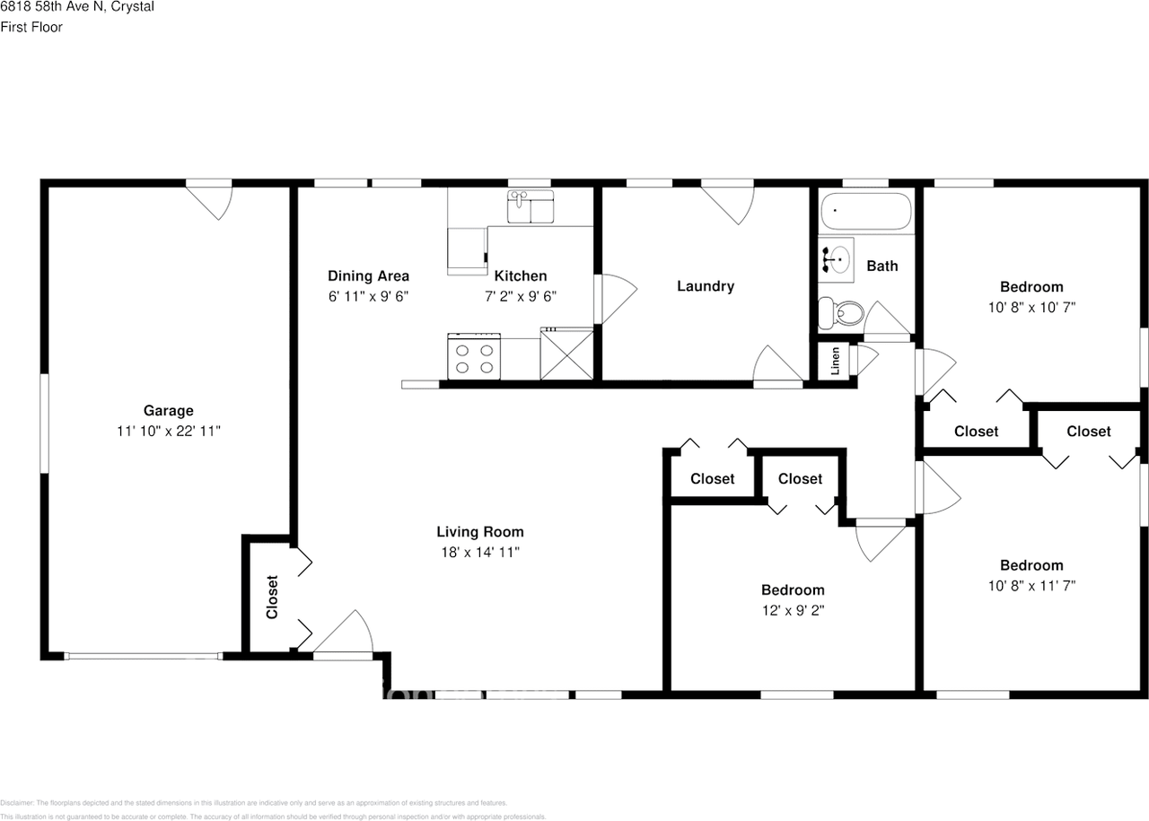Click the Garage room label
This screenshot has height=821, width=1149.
pos(168,411)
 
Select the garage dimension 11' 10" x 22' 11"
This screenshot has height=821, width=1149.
pos(168,431)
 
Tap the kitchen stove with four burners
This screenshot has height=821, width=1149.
pos(474,356)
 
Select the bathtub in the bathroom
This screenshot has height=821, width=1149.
pos(865,212)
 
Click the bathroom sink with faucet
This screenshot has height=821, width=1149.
pos(835,259)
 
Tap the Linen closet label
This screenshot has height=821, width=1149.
pos(835,361)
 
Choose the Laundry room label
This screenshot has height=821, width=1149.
pos(705,286)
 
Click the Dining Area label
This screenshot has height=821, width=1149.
pos(368,276)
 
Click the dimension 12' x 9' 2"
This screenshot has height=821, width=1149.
pos(793,610)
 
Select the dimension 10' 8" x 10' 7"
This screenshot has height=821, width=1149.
pos(1031,307)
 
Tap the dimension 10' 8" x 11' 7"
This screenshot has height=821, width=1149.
pos(1031,585)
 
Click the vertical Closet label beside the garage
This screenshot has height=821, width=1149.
pos(272,597)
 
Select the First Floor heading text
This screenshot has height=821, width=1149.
pos(31,27)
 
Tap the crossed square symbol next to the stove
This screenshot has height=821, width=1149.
pos(566,354)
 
